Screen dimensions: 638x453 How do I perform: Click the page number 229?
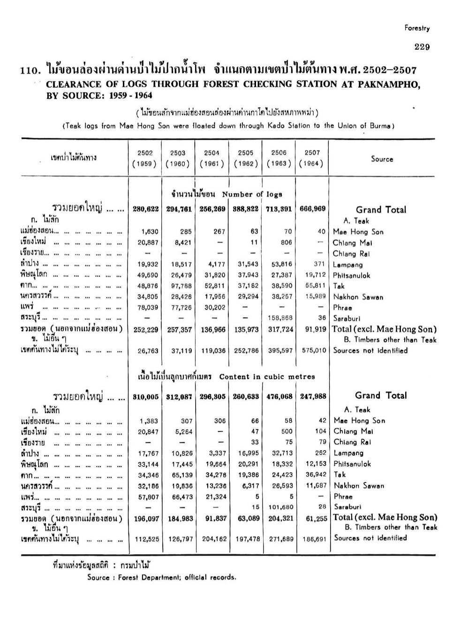tap(422, 46)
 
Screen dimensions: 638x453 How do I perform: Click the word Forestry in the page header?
tap(417, 28)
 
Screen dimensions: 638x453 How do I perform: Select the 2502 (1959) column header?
tap(145, 158)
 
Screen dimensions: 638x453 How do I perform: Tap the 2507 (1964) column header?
tap(312, 158)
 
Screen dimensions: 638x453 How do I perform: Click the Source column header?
tap(382, 159)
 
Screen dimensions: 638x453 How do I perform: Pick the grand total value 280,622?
tap(145, 209)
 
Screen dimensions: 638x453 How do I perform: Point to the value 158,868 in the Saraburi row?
tap(279, 318)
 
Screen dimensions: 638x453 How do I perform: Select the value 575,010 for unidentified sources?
tap(313, 350)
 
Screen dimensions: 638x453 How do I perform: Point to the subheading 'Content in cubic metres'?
tap(267, 376)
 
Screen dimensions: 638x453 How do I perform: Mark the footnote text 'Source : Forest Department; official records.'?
tap(162, 577)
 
